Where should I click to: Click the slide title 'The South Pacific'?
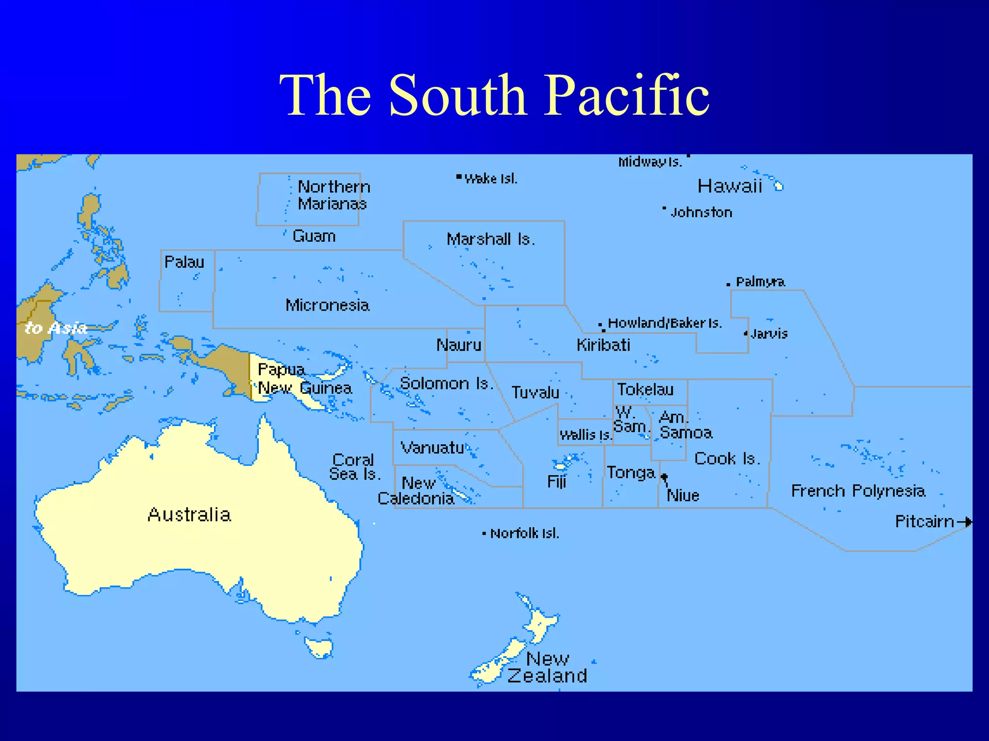point(494,95)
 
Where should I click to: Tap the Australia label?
point(189,515)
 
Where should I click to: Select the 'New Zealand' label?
point(548,668)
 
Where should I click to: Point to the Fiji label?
point(556,481)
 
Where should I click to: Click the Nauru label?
point(459,345)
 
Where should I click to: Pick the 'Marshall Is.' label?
point(491,239)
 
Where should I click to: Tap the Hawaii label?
point(730,186)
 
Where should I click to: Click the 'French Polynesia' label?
point(858,491)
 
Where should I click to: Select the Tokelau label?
point(645,389)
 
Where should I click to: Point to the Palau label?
point(184,262)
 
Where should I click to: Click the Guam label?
point(314,236)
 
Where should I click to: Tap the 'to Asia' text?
point(56,328)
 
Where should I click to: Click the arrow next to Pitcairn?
point(965,521)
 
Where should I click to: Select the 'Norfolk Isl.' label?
point(524,534)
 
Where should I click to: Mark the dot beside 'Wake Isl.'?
point(459,177)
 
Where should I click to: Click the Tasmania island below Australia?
point(319,646)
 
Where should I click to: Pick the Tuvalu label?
point(535,393)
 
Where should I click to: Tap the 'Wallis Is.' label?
point(585,435)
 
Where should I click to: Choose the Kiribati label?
point(603,345)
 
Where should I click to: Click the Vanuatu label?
point(432,448)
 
